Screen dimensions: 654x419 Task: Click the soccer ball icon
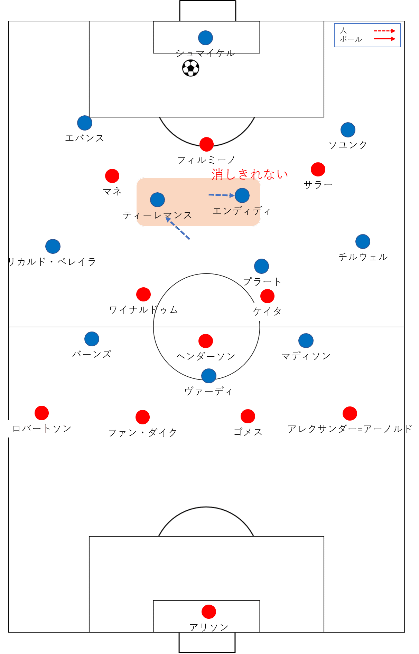[x=190, y=68]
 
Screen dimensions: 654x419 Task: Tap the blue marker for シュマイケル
[x=205, y=38]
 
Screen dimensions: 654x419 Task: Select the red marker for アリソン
[x=209, y=612]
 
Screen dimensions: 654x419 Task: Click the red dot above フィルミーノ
[x=206, y=144]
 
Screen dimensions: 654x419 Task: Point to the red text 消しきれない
[x=249, y=174]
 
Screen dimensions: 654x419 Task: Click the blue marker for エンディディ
[x=242, y=195]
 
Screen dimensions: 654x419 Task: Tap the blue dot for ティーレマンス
[x=157, y=200]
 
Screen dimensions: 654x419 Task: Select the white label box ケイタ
[x=267, y=312]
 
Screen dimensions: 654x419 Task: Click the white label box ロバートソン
[x=41, y=429]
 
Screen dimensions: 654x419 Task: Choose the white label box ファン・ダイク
[x=142, y=433]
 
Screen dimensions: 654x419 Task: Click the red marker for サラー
[x=318, y=169]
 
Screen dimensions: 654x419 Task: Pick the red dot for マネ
[x=112, y=176]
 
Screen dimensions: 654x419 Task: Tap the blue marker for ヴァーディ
[x=209, y=376]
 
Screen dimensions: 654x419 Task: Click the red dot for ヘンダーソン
[x=206, y=341]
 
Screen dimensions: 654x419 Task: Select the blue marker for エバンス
[x=85, y=123]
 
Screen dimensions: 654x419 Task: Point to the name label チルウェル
[x=363, y=257]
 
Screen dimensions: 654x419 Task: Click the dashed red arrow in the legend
[x=384, y=31]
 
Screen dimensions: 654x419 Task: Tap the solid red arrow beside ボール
[x=384, y=39]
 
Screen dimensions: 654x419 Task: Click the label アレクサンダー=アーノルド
[x=350, y=429]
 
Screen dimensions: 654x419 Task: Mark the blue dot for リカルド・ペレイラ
[x=53, y=246]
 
